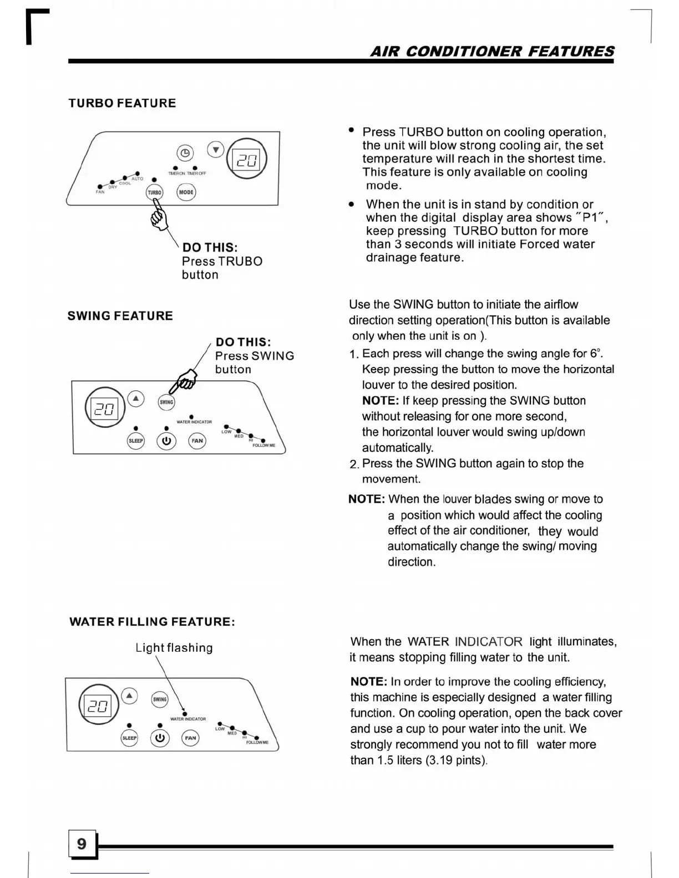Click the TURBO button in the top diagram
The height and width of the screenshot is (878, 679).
point(154,192)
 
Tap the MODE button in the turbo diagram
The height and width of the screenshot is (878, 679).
point(186,192)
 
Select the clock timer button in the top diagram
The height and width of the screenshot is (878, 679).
point(185,152)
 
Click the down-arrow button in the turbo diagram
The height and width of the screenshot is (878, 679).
point(216,150)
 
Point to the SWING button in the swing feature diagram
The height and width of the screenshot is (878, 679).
point(166,402)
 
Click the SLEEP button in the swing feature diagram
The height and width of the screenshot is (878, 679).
point(136,441)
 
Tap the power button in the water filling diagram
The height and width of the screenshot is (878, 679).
point(160,738)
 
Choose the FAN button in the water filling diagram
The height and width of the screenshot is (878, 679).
point(190,738)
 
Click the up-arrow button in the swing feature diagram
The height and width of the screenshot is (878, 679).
point(136,399)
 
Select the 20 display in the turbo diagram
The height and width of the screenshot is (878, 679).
point(247,160)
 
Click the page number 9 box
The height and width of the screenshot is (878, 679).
point(82,844)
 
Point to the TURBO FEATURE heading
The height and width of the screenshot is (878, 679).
point(122,103)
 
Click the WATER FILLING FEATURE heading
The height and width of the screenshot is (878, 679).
point(152,622)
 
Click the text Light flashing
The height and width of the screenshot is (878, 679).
point(174,647)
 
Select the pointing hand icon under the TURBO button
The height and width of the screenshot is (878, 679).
point(159,218)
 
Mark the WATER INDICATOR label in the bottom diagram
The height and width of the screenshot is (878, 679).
point(188,719)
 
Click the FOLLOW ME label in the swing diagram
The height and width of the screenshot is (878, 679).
point(264,445)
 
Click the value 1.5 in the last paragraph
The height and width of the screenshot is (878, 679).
point(386,760)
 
